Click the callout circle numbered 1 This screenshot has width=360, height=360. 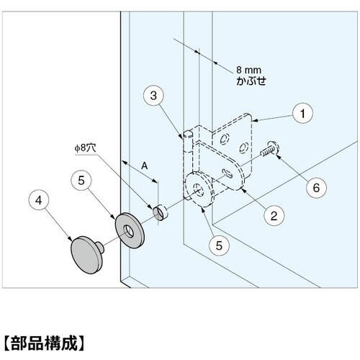point(303,113)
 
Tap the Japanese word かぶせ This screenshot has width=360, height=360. point(251,81)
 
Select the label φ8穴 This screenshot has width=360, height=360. point(87,148)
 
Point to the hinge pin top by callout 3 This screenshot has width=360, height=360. point(187,133)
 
